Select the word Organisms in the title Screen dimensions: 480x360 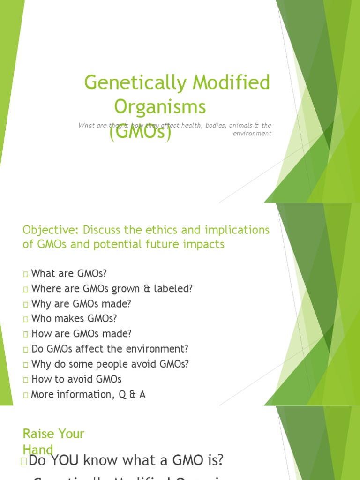pyautogui.click(x=160, y=107)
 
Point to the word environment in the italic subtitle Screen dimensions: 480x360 pyautogui.click(x=252, y=134)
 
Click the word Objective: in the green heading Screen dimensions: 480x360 pyautogui.click(x=51, y=230)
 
